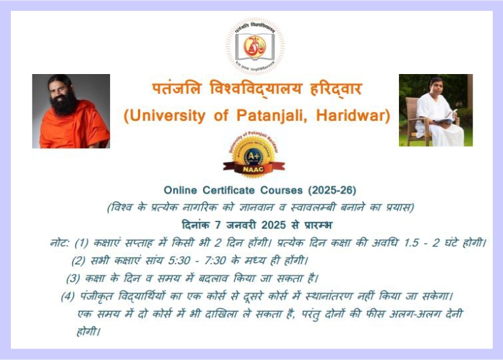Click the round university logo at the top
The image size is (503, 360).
(255, 46)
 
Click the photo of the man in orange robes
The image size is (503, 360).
(71, 111)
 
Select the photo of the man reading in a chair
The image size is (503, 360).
(435, 110)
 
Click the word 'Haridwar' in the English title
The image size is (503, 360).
(354, 116)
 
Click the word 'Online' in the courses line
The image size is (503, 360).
(180, 190)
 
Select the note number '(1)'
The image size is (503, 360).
(82, 242)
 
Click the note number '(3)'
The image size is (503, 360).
(73, 278)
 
